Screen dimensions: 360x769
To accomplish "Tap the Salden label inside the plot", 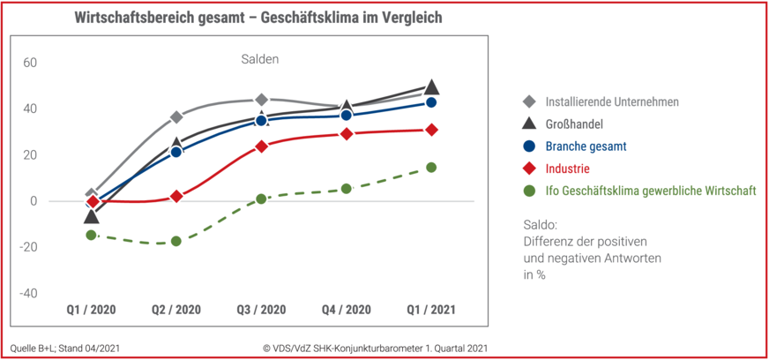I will (259, 59).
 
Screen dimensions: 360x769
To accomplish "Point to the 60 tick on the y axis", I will (30, 63).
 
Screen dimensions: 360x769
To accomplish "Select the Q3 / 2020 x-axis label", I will (262, 310).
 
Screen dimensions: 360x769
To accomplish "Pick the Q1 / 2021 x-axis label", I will (431, 310).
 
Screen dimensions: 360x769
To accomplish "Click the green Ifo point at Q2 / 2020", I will (176, 241).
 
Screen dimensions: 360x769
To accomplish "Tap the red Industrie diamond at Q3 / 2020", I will (262, 146).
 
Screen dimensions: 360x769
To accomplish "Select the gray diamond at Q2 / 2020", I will (176, 117).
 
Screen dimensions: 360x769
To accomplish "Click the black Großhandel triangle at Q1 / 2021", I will (431, 86).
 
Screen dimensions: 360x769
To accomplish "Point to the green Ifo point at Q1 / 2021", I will (431, 167).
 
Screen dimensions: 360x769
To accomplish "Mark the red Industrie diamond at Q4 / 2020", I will (347, 134).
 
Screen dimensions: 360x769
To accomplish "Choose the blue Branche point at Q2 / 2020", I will (176, 152).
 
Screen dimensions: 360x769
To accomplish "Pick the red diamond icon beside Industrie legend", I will (528, 169).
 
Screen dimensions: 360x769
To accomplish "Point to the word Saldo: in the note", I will (539, 225).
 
